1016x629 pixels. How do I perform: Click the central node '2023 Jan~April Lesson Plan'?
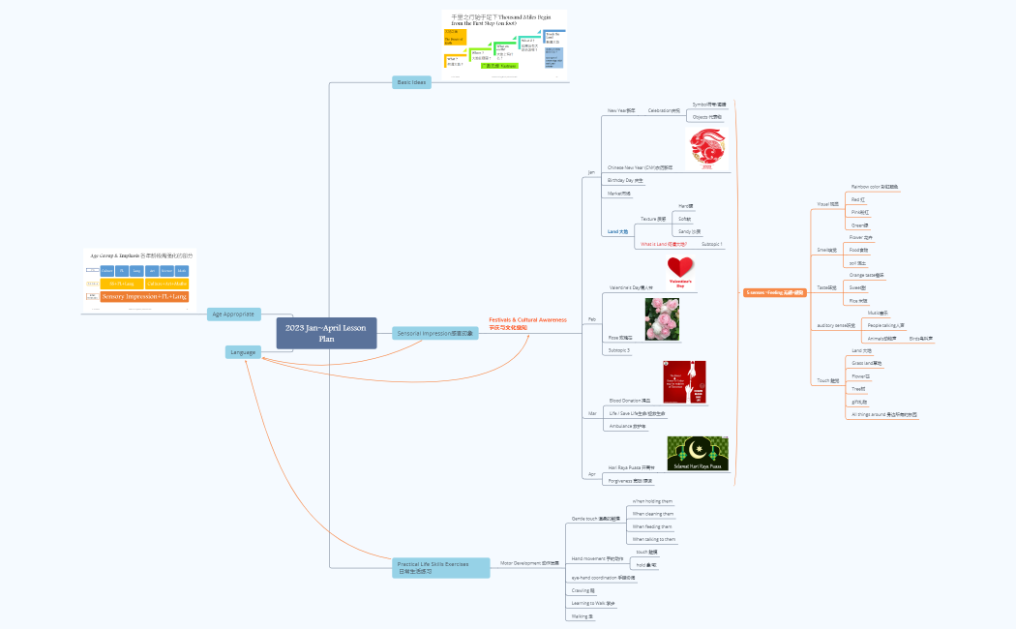(x=325, y=333)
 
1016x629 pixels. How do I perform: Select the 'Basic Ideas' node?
(x=411, y=82)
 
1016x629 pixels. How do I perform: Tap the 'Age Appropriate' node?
(x=233, y=314)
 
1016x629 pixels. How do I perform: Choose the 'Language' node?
(x=243, y=352)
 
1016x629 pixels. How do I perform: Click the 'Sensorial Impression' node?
(x=436, y=333)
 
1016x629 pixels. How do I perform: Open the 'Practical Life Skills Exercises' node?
(x=440, y=567)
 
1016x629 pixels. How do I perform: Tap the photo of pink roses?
(x=662, y=319)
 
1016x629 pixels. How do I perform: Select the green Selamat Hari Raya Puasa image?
(x=698, y=453)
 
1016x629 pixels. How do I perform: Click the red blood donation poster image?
(x=684, y=381)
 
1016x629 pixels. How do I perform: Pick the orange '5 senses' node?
(x=775, y=291)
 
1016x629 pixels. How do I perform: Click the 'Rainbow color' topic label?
(x=874, y=186)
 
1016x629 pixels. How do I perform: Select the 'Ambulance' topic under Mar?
(x=627, y=426)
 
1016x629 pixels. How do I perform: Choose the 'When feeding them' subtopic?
(x=653, y=526)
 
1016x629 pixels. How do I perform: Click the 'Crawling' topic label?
(x=583, y=590)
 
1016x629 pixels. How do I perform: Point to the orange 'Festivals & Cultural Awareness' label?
(x=527, y=323)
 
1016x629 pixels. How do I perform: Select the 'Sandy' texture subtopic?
(x=689, y=232)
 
